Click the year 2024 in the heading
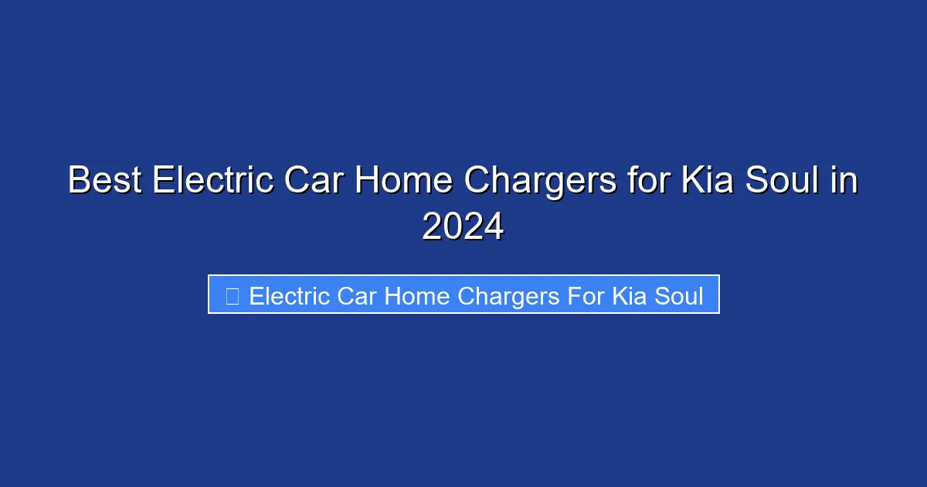(x=463, y=227)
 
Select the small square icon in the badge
(x=232, y=295)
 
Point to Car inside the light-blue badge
(x=357, y=296)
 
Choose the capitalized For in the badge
(x=586, y=296)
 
